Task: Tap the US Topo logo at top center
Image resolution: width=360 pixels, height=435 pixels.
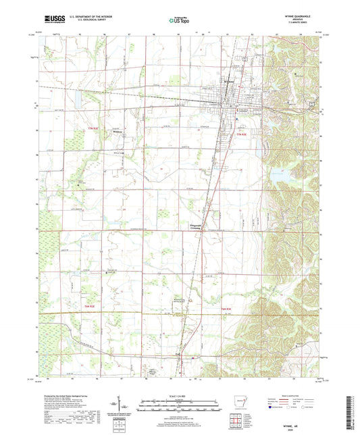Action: [180, 20]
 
